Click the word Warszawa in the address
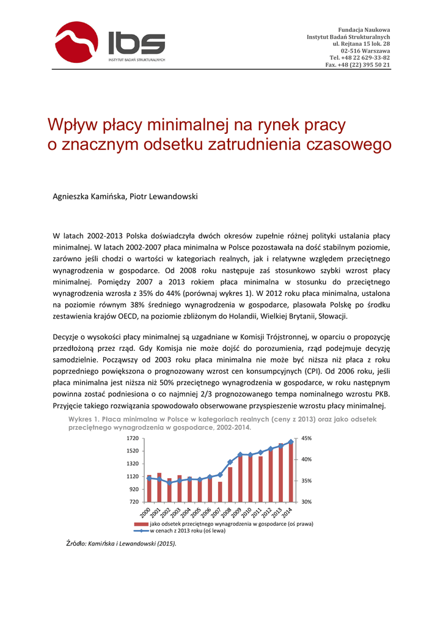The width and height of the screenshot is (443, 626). pyautogui.click(x=375, y=51)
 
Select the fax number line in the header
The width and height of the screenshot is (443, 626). pyautogui.click(x=357, y=64)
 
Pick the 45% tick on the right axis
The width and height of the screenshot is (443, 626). pyautogui.click(x=307, y=439)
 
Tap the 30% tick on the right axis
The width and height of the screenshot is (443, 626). pyautogui.click(x=307, y=502)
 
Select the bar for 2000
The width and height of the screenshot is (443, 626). pyautogui.click(x=149, y=488)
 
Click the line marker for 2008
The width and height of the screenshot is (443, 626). pyautogui.click(x=230, y=462)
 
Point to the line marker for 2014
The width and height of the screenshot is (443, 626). pyautogui.click(x=291, y=441)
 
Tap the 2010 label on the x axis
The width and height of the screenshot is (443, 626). pyautogui.click(x=247, y=512)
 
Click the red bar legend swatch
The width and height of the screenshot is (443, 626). pyautogui.click(x=141, y=525)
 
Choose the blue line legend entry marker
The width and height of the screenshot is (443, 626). pyautogui.click(x=141, y=531)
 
